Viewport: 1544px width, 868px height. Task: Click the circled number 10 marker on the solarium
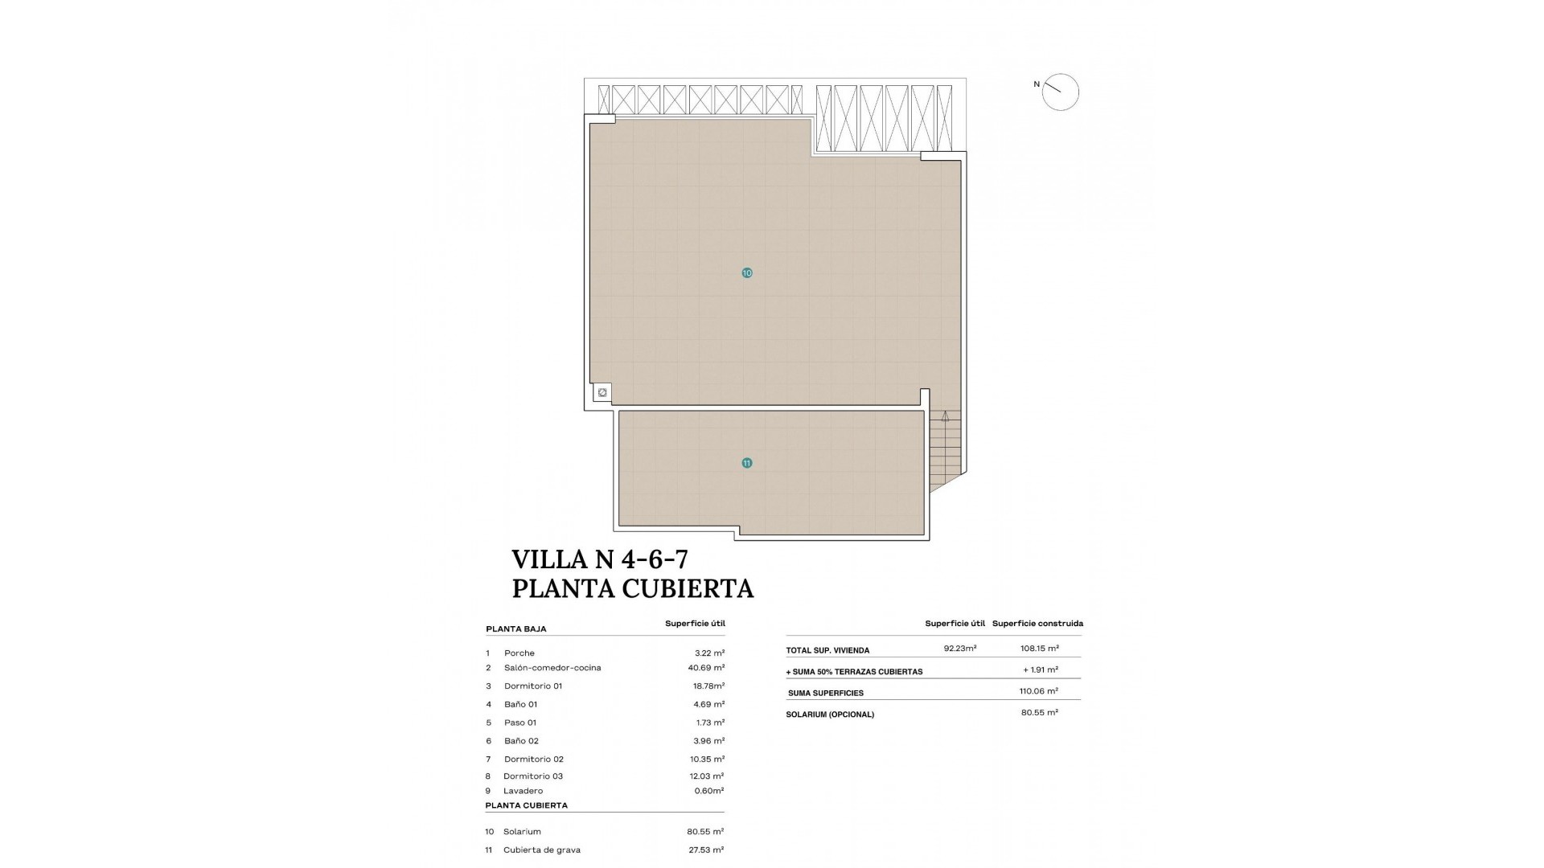pos(747,273)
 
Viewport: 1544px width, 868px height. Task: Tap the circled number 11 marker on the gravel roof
pos(747,463)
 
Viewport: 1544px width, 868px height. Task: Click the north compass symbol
pos(1059,92)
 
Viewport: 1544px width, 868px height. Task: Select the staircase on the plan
pos(945,450)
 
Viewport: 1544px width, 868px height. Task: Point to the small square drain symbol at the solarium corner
pos(602,393)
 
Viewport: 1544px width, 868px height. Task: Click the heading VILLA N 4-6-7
pos(600,559)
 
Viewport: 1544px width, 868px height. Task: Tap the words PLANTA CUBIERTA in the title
pos(633,589)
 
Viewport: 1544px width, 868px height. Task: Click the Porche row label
pos(519,653)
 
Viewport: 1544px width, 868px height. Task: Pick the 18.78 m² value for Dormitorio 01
pos(708,686)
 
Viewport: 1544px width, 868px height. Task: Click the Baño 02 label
pos(521,741)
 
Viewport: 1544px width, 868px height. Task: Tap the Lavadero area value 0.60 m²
pos(708,791)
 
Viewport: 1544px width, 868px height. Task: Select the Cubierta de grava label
pos(541,850)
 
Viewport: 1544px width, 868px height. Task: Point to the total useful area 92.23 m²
pos(959,649)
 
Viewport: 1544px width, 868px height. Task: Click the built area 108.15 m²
pos(1039,649)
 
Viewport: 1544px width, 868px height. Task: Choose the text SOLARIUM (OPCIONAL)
pos(830,714)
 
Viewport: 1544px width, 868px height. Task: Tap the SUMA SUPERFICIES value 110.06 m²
pos(1038,691)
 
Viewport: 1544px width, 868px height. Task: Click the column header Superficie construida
pos(1037,624)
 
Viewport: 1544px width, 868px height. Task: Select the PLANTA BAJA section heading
pos(515,629)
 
